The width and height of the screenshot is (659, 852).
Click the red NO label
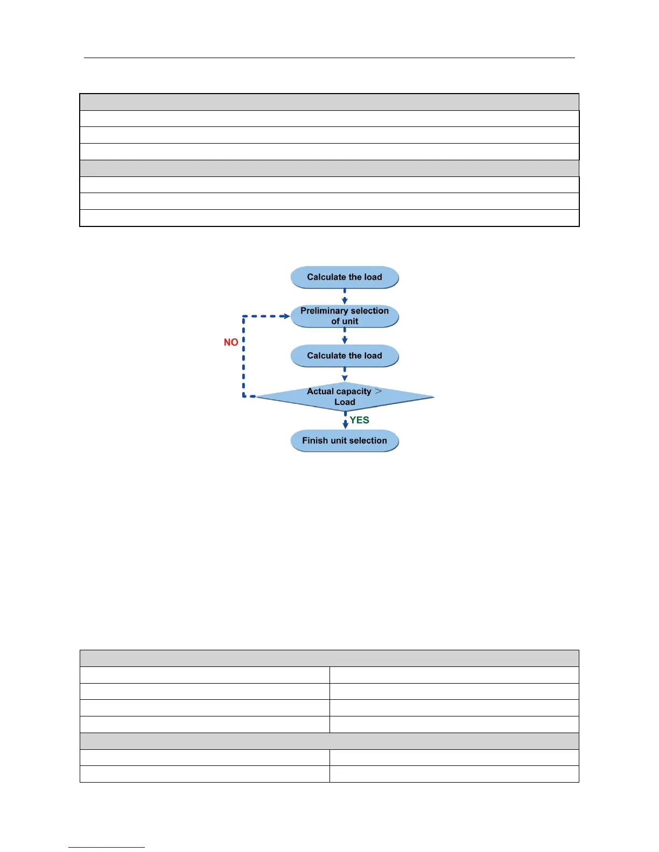[x=231, y=342]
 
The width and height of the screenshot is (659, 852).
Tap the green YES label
[x=359, y=420]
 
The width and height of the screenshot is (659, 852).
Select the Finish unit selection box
[x=345, y=441]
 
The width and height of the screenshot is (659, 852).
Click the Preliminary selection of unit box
[x=345, y=316]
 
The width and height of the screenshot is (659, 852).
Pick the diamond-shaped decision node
[x=345, y=397]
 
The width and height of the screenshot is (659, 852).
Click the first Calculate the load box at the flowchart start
[x=345, y=278]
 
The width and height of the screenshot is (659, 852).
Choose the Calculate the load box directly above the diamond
[x=345, y=356]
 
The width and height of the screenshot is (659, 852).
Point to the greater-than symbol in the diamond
[x=378, y=391]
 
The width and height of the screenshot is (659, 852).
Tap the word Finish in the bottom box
[x=315, y=441]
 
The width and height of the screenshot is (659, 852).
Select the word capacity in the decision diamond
[x=353, y=392]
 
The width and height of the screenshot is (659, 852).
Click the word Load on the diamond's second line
[x=345, y=402]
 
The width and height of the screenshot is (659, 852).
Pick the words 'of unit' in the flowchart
[x=345, y=321]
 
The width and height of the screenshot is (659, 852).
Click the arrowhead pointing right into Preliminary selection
[x=286, y=316]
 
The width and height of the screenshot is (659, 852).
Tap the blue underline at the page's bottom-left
[x=106, y=847]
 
